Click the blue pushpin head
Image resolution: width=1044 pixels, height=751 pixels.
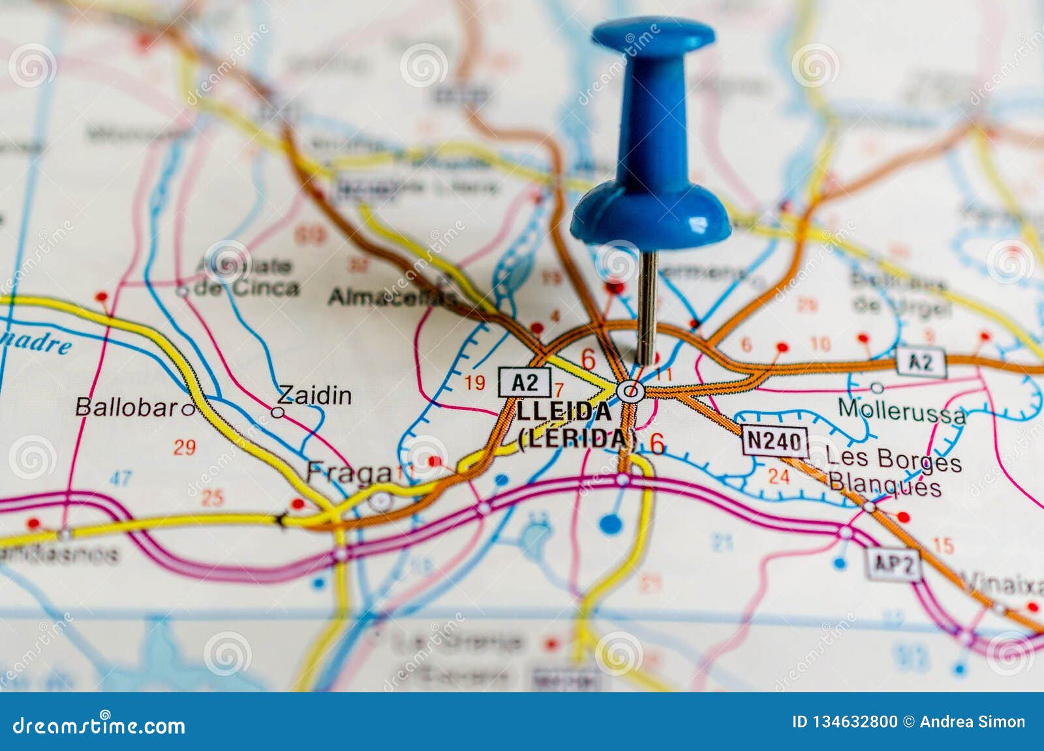[651, 131]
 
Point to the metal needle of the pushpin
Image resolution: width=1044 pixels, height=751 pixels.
[647, 307]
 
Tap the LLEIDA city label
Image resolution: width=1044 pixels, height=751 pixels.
[564, 411]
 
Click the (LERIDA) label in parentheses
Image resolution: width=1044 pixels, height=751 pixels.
[577, 438]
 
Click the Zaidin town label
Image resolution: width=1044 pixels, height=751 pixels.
[315, 395]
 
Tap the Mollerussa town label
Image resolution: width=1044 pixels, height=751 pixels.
[901, 411]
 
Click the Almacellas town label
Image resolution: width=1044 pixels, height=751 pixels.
[393, 297]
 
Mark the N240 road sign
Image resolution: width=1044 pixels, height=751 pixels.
[775, 441]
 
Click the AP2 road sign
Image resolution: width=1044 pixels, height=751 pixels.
[893, 565]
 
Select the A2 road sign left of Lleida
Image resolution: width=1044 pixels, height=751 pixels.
[525, 382]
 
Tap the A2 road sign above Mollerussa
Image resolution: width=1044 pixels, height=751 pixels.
[921, 362]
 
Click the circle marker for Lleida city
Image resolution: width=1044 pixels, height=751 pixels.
[630, 392]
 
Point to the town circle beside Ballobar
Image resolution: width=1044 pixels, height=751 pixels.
[188, 409]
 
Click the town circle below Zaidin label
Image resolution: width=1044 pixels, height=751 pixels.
[277, 412]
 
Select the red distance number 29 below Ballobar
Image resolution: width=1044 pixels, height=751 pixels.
[185, 447]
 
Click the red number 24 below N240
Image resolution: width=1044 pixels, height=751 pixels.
[778, 476]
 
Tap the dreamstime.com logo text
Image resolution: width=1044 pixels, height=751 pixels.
[99, 726]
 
